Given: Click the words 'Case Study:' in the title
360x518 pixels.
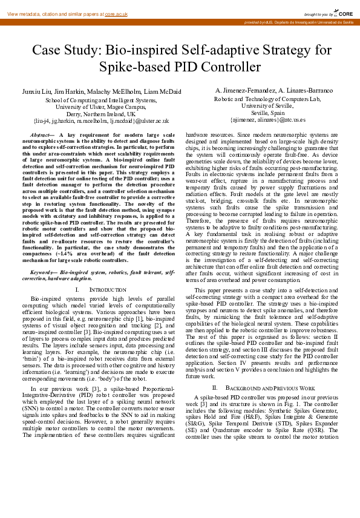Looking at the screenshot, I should click(66, 50).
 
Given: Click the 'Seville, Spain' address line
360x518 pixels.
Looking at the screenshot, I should click(267, 113).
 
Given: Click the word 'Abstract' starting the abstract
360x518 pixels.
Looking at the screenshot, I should click(41, 134).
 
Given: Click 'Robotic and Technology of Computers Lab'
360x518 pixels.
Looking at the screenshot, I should click(267, 99).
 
